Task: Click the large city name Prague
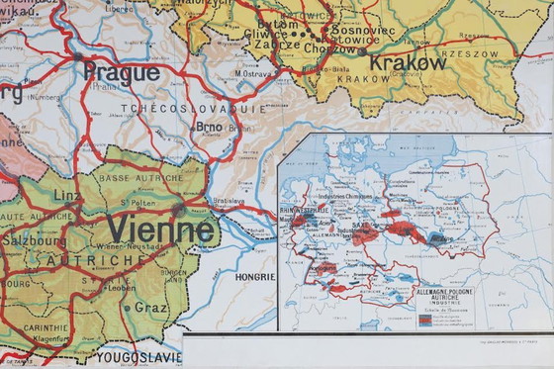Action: (x=121, y=72)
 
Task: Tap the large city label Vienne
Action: (x=159, y=231)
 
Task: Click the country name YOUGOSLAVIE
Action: (x=138, y=357)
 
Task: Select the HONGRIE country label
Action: (x=254, y=278)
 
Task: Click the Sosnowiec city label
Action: (x=362, y=31)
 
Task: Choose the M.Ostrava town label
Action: (x=254, y=72)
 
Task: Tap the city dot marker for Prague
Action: (x=77, y=57)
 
